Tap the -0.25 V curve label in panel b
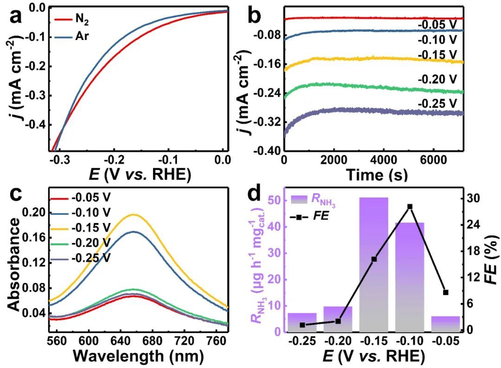pos(437,102)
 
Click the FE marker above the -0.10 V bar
pos(410,206)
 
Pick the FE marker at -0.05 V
pos(446,292)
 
